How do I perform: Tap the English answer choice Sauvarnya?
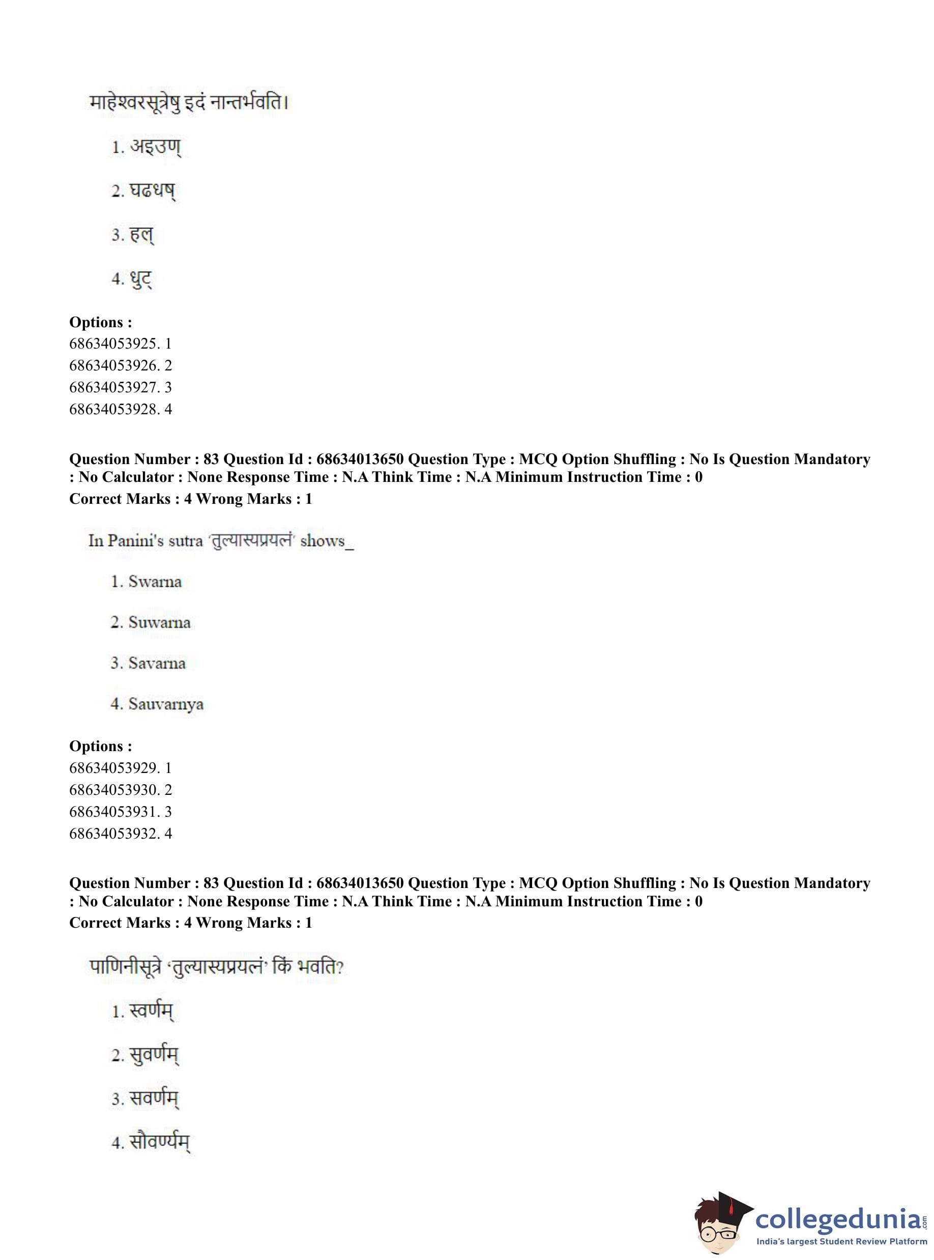[166, 704]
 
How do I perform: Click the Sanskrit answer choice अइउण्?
[155, 147]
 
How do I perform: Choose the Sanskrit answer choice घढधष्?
[152, 191]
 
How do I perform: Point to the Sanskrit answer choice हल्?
[141, 234]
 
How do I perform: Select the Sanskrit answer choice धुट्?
[141, 278]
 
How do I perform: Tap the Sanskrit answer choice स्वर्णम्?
[151, 1011]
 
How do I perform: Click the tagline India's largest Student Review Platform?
[841, 1241]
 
